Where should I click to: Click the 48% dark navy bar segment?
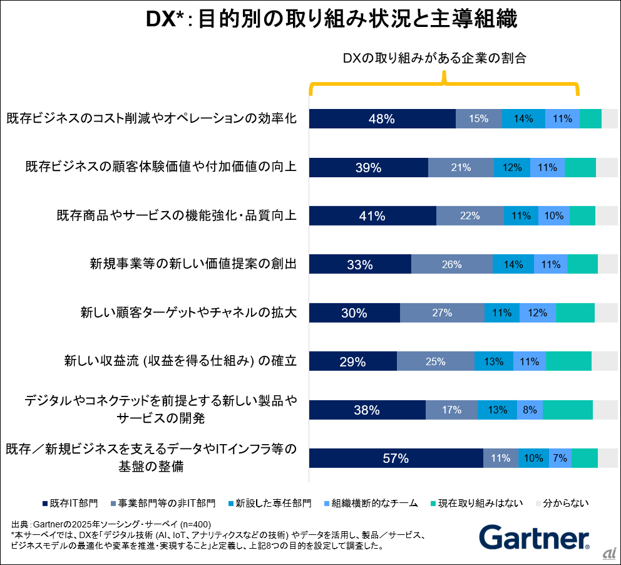tap(382, 118)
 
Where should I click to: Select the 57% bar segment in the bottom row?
tap(396, 459)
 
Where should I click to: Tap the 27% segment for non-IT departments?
tap(442, 313)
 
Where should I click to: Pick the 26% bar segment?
tap(451, 264)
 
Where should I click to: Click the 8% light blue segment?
tap(530, 410)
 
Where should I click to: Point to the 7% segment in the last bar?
tap(560, 459)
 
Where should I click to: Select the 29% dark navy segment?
tap(352, 361)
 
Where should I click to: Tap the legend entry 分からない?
tap(561, 503)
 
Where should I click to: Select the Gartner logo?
tap(534, 537)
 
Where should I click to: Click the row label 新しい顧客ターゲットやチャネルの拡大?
tap(188, 312)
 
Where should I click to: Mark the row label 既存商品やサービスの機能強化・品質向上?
tap(176, 215)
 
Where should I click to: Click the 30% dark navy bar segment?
tap(354, 313)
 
